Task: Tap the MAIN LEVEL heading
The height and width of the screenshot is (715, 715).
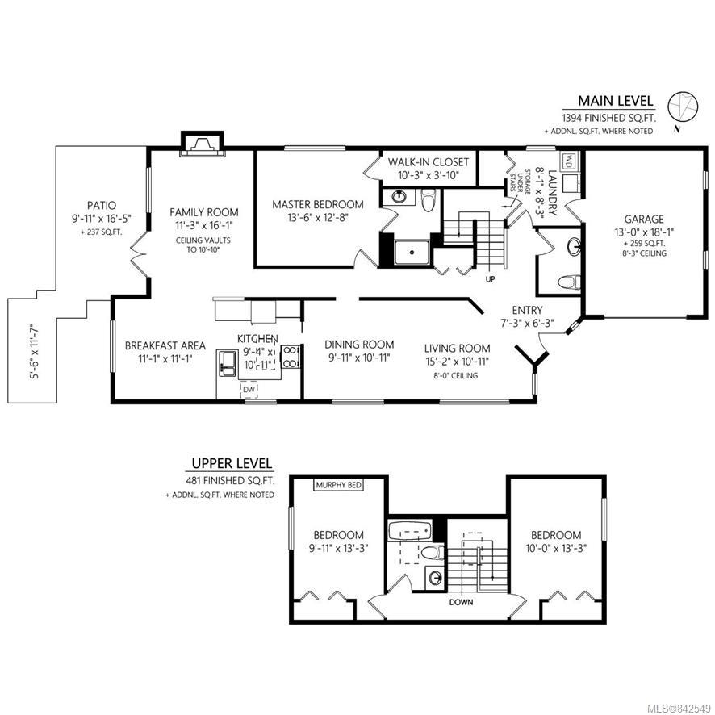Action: [615, 101]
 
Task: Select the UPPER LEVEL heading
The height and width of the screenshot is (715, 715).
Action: [232, 464]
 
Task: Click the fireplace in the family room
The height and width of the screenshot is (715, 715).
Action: [203, 144]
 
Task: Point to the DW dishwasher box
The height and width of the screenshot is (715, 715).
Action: [249, 390]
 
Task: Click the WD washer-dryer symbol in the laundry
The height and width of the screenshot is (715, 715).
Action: [569, 161]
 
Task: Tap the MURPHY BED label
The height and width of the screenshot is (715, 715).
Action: [339, 485]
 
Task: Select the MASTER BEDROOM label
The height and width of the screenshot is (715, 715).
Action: [318, 204]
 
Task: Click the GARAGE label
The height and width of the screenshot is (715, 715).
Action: [644, 220]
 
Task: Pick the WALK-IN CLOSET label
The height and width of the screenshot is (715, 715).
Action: [429, 162]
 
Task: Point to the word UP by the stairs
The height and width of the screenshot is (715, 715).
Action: [490, 279]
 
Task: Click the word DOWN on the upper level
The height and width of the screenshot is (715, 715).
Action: [461, 602]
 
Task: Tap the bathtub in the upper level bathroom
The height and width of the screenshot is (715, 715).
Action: [409, 530]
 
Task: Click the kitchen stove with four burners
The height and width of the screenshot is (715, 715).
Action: [290, 357]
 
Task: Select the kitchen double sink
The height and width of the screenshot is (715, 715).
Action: [227, 363]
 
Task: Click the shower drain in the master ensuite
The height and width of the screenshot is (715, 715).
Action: [412, 252]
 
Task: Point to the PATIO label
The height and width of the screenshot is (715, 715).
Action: [102, 206]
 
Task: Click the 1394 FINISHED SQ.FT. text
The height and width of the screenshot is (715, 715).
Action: [608, 118]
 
